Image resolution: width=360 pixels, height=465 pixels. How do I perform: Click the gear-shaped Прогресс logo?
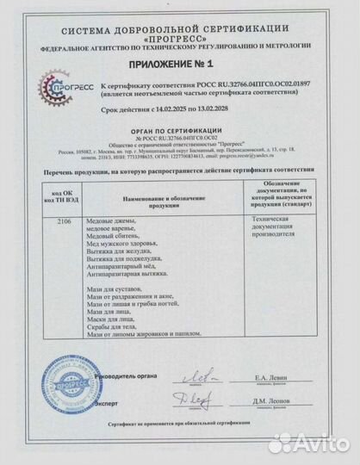(x=63, y=92)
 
